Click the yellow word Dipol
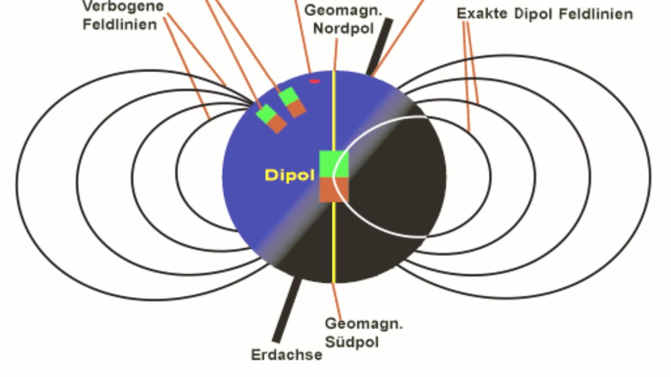[289, 175]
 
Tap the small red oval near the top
[315, 81]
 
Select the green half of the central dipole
[334, 164]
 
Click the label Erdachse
[286, 355]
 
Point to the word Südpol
[352, 341]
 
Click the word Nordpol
[343, 28]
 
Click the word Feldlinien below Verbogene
[120, 24]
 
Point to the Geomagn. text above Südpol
[364, 324]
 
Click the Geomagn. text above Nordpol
[343, 10]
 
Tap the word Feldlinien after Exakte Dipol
[596, 14]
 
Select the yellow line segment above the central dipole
[334, 110]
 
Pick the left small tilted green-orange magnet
[272, 118]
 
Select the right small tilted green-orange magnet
[293, 102]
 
